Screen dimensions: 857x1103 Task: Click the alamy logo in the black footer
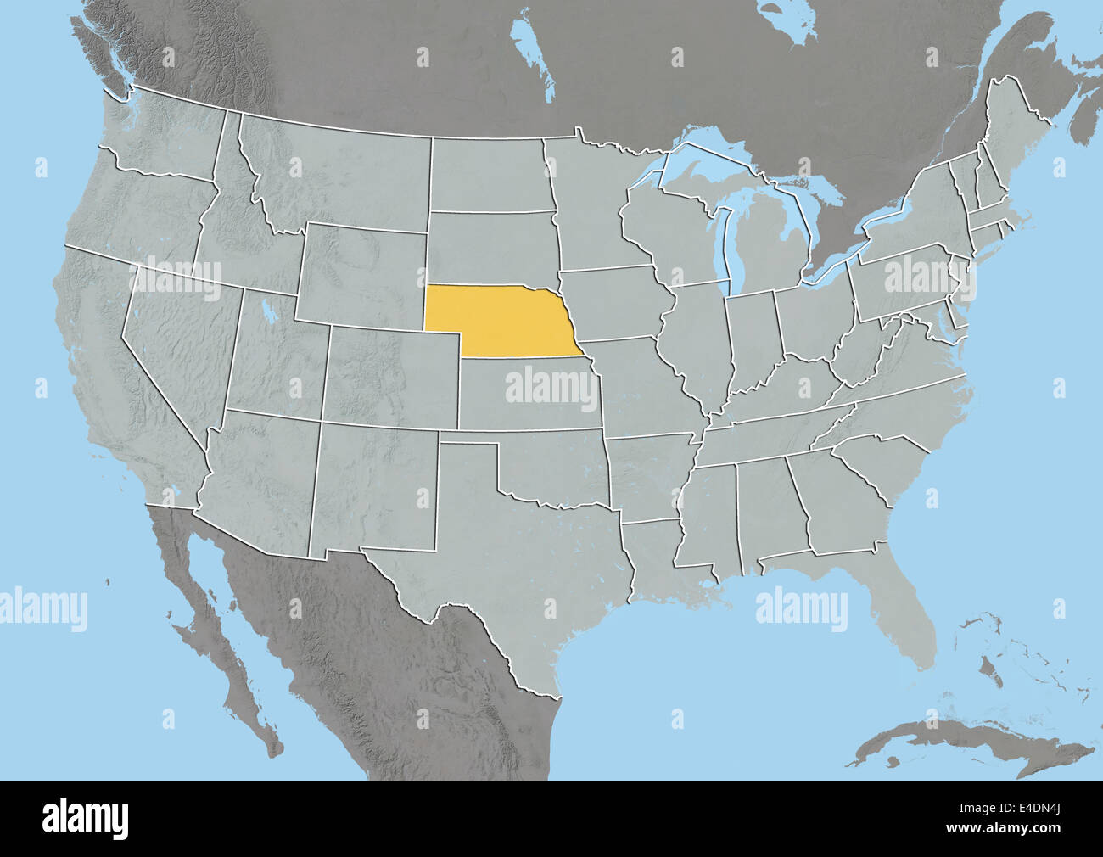[x=85, y=819]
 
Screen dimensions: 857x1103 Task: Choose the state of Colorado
[x=390, y=373]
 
